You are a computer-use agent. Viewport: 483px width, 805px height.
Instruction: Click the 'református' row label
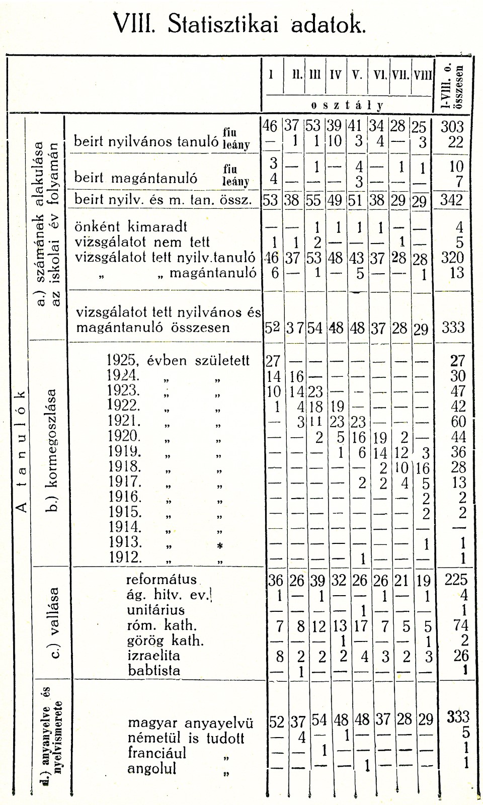(161, 579)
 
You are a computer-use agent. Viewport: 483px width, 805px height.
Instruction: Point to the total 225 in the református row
(456, 580)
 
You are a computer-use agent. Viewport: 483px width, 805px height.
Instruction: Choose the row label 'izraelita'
(153, 656)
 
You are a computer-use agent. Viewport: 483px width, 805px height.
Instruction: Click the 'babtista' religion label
(153, 671)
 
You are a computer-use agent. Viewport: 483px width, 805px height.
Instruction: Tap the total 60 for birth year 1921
(458, 421)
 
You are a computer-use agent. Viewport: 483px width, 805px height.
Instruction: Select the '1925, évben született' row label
(179, 360)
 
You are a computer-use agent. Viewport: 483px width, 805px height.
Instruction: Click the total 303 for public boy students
(452, 126)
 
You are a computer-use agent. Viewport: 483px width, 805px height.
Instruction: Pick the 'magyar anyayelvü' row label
(190, 723)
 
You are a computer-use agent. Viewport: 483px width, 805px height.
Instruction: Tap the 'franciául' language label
(157, 753)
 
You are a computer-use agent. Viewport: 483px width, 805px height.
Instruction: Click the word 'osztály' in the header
(347, 105)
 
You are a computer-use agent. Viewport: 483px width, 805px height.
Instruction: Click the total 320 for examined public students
(452, 258)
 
